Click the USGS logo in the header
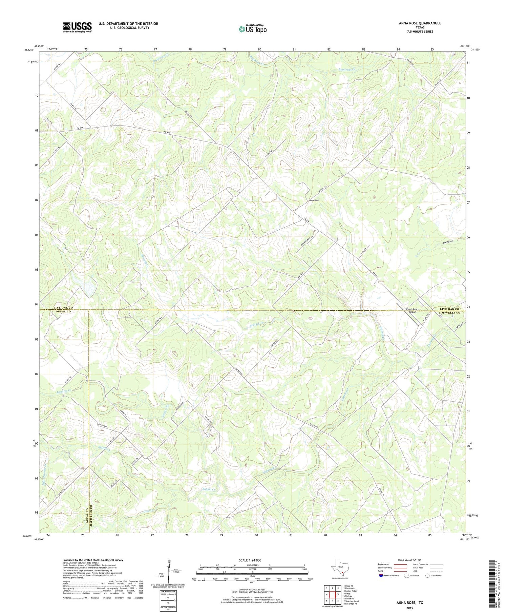click(x=77, y=27)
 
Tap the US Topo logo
click(x=252, y=29)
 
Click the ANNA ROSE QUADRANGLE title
click(x=420, y=23)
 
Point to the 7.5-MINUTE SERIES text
click(x=420, y=32)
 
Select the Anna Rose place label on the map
click(x=314, y=200)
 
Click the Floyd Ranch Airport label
click(x=412, y=311)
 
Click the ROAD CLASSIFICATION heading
click(x=410, y=560)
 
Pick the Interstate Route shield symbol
click(x=382, y=576)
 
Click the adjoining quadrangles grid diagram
click(x=332, y=595)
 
